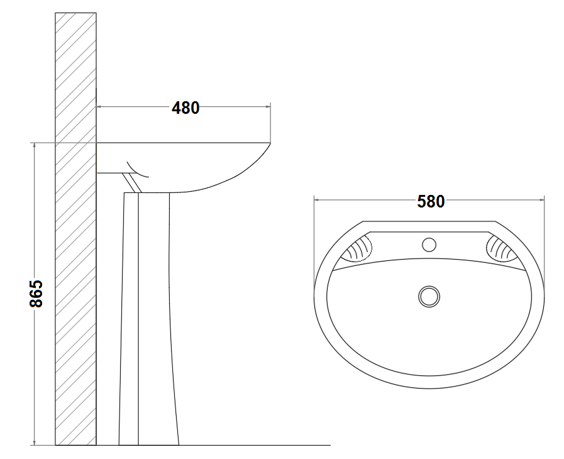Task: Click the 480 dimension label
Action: (185, 108)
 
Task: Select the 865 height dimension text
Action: (36, 294)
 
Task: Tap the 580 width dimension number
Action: (431, 201)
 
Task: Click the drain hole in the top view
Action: (429, 296)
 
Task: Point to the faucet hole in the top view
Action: (429, 245)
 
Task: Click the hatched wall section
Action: (75, 229)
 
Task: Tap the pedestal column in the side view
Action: (148, 319)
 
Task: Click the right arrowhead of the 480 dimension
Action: (268, 106)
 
